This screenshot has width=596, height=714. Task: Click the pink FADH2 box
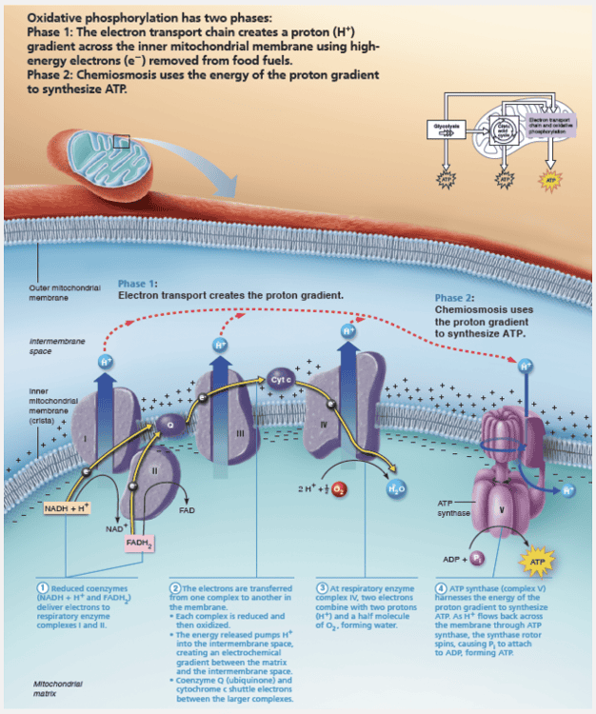[x=139, y=544]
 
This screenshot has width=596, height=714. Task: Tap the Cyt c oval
[x=280, y=377]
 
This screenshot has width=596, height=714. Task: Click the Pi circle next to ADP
[x=477, y=558]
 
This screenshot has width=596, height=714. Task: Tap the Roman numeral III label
[x=241, y=433]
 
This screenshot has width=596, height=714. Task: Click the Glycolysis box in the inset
[x=447, y=126]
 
